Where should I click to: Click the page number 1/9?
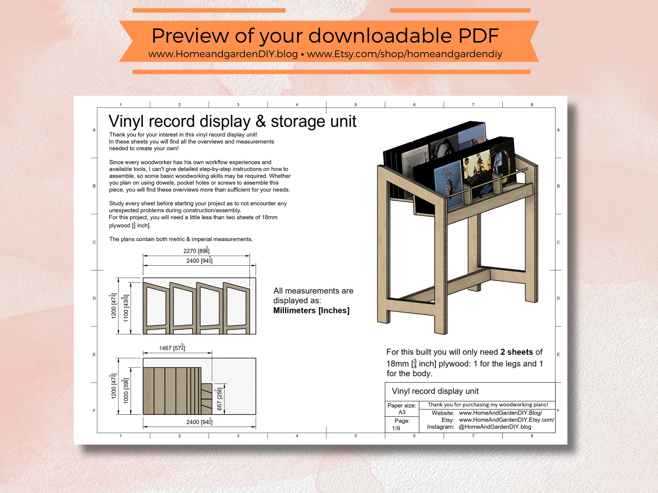[x=396, y=428]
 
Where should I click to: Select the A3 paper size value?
[x=402, y=412]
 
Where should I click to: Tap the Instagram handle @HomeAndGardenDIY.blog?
[x=495, y=427]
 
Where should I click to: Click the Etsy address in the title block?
[x=506, y=420]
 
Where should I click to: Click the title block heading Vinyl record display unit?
[x=435, y=391]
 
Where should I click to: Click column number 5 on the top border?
[x=356, y=105]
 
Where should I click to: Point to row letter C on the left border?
[x=94, y=242]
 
